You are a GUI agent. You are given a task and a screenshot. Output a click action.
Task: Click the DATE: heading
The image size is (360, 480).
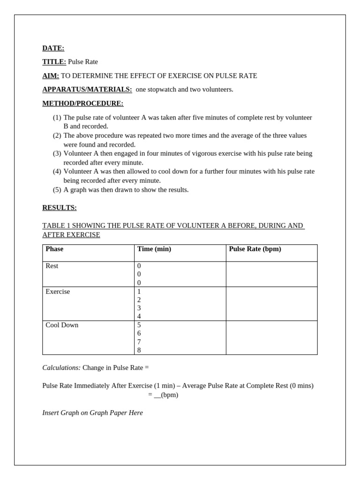(x=53, y=48)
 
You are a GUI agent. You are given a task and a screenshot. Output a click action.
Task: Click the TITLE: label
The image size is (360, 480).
(x=54, y=61)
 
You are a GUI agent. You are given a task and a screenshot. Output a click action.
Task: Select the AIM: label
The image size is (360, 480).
(x=51, y=75)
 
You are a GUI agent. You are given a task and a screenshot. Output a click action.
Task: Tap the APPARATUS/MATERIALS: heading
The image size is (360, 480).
(x=87, y=89)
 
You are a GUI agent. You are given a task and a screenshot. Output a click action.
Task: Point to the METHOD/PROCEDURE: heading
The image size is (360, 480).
(x=82, y=103)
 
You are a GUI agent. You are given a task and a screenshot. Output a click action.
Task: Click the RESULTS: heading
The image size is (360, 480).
(x=59, y=208)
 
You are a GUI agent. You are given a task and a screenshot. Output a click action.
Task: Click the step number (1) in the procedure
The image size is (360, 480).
(x=57, y=117)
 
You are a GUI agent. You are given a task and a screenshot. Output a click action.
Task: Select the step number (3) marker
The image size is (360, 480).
(x=57, y=153)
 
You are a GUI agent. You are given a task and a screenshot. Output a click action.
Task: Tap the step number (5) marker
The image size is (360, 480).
(x=57, y=189)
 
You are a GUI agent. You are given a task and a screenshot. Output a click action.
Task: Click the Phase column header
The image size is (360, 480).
(x=54, y=249)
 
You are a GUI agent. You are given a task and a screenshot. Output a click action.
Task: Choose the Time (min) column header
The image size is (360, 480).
(x=154, y=249)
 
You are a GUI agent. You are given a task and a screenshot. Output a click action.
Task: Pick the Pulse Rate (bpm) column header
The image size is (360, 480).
(x=255, y=249)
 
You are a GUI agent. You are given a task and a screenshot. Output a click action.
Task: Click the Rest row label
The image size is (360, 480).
(x=52, y=266)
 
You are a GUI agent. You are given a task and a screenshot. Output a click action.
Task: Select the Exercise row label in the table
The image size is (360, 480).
(x=58, y=292)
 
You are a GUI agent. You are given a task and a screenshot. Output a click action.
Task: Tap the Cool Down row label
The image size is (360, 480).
(x=62, y=325)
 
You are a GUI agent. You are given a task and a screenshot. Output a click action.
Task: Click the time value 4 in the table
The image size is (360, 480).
(x=139, y=316)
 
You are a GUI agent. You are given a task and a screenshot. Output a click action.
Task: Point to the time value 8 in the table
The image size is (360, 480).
(x=139, y=350)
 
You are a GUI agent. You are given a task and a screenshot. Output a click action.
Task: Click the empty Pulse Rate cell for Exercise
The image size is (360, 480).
(x=271, y=304)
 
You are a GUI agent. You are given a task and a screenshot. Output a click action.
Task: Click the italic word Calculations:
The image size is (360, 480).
(x=61, y=367)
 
